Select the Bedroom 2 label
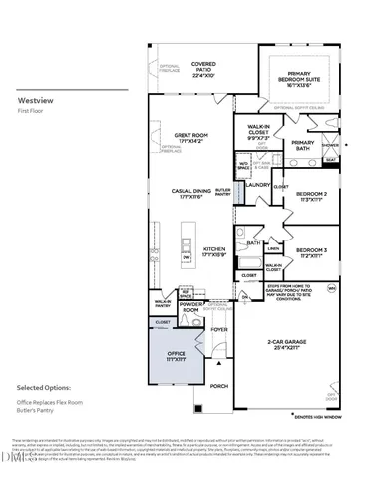[x=311, y=196]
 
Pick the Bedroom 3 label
[x=311, y=251]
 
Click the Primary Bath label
[x=303, y=146]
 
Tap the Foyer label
[x=218, y=328]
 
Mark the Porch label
[x=219, y=386]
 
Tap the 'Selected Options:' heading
[x=46, y=386]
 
